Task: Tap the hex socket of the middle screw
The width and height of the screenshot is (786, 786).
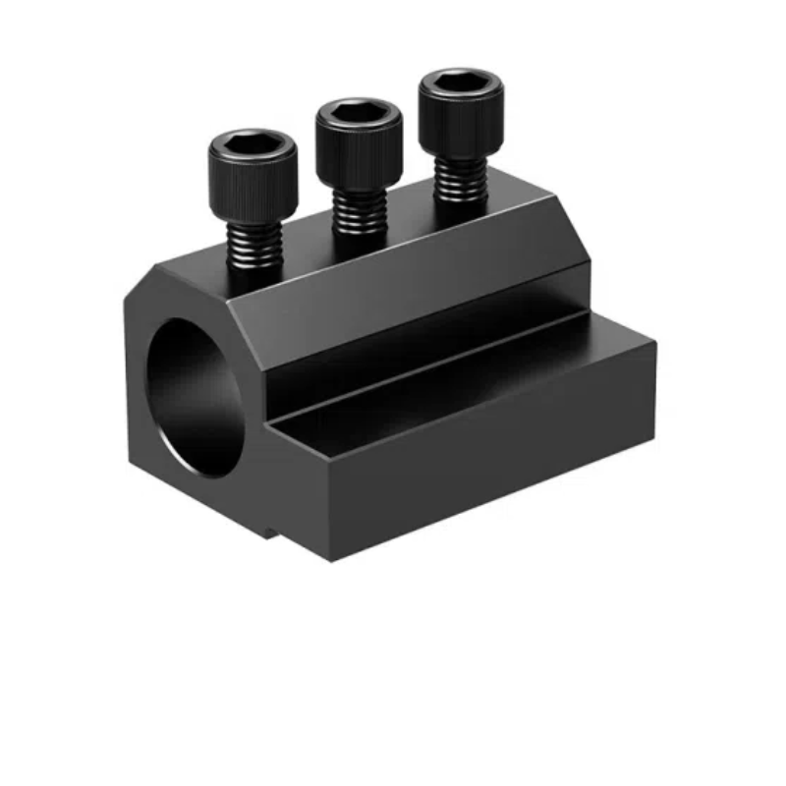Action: [359, 114]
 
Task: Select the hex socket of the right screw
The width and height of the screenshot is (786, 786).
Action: [461, 84]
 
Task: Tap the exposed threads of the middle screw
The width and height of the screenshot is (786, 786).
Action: [358, 212]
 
